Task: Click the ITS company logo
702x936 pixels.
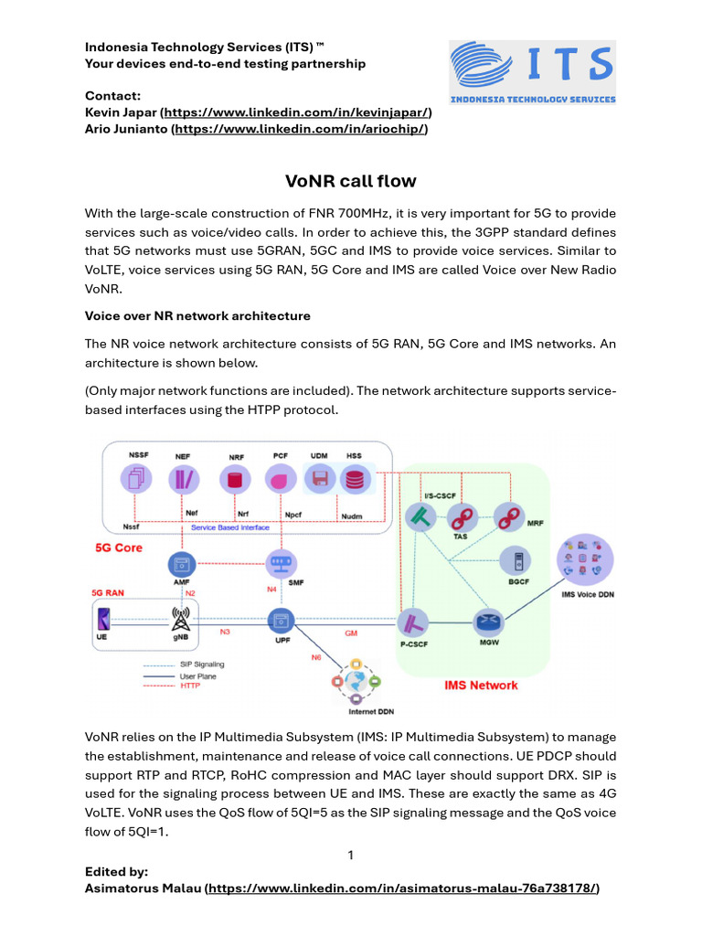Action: [532, 72]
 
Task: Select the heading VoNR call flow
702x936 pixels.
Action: [350, 181]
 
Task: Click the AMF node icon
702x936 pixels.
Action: [181, 563]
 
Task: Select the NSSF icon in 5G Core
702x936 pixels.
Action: [136, 477]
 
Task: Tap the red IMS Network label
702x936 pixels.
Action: [481, 685]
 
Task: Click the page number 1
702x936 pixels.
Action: [350, 856]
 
